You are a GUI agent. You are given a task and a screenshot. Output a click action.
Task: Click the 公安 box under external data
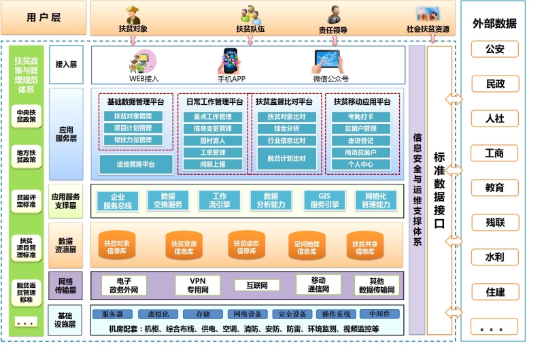pyautogui.click(x=494, y=49)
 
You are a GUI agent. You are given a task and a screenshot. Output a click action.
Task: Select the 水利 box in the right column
pyautogui.click(x=494, y=257)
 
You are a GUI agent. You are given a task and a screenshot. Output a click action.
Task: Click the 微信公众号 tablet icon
pyautogui.click(x=330, y=61)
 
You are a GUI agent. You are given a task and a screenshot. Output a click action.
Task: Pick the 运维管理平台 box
pyautogui.click(x=135, y=164)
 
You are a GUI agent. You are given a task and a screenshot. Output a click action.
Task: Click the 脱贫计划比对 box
pyautogui.click(x=286, y=158)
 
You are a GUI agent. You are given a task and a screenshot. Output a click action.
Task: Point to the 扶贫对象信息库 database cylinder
pyautogui.click(x=117, y=246)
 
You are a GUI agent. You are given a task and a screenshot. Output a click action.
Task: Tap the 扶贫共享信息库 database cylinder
pyautogui.click(x=365, y=246)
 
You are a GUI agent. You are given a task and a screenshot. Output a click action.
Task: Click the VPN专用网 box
pyautogui.click(x=197, y=285)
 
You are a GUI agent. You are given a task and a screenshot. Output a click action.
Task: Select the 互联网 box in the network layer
pyautogui.click(x=256, y=285)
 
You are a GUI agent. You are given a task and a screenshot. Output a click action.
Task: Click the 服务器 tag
pyautogui.click(x=117, y=314)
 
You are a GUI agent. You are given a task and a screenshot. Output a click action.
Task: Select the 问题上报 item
pyautogui.click(x=214, y=164)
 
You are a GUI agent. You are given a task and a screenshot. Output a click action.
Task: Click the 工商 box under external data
pyautogui.click(x=494, y=153)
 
